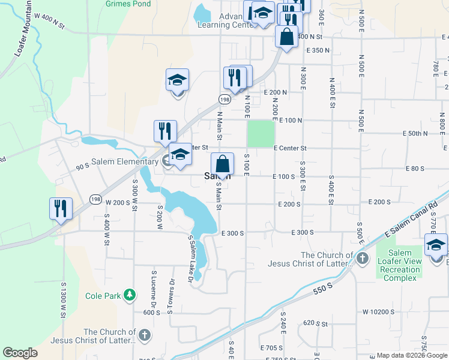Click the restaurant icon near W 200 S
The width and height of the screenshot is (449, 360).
(x=61, y=208)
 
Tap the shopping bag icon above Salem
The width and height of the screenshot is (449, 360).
(x=222, y=164)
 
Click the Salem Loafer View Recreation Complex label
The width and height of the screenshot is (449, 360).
(x=400, y=266)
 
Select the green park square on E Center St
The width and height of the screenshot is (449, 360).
(x=261, y=134)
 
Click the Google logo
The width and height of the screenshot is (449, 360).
(x=20, y=353)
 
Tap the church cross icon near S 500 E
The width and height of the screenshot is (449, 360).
(x=362, y=259)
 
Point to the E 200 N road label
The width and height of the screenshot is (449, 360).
(x=276, y=92)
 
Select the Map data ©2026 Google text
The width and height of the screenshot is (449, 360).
(x=412, y=355)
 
